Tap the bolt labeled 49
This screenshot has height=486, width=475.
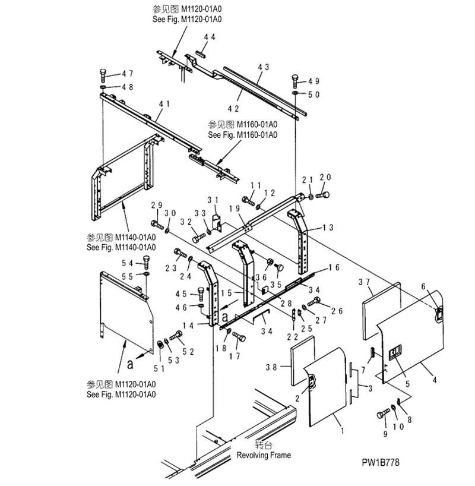pos(296,81)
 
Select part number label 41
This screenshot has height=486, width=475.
pos(164,104)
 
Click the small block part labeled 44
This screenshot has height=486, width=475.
pos(201,52)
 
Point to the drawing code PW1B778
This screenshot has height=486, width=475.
pos(381,462)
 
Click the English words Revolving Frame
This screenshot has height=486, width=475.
pos(264,455)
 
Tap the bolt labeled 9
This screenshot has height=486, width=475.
pos(383,414)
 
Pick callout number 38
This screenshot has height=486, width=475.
pos(271,367)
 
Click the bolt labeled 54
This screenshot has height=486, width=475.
pos(146,262)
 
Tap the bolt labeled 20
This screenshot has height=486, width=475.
pos(322,195)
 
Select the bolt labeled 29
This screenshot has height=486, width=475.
pos(157,225)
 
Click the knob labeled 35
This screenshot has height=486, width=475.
pos(279,268)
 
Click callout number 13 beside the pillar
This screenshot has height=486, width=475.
pos(328,227)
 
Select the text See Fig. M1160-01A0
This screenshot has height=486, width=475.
pos(243,135)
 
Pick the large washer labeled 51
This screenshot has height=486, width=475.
pos(161,345)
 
